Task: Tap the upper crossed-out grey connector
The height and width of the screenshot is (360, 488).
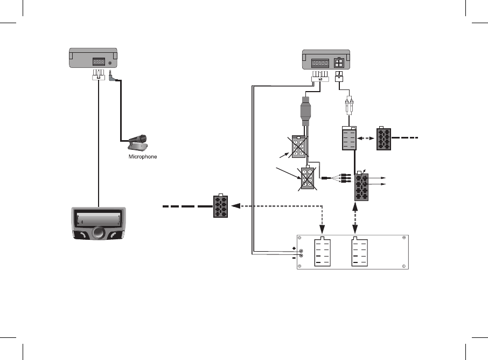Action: click(x=299, y=146)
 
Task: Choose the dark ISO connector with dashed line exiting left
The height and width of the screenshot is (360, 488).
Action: click(x=220, y=206)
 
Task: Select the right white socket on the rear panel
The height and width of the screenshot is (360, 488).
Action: click(x=359, y=252)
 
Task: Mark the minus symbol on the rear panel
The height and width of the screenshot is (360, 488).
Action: click(x=294, y=258)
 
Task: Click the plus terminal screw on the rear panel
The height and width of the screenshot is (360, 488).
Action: click(x=301, y=251)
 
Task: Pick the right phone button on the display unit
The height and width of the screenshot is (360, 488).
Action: click(x=115, y=236)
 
